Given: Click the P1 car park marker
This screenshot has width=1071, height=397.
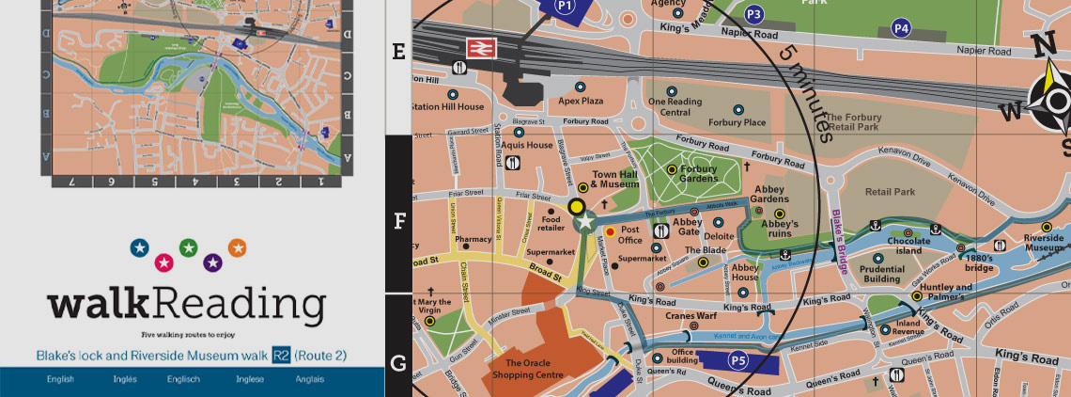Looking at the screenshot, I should (x=565, y=7).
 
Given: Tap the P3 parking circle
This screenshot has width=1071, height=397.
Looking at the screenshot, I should (x=753, y=14).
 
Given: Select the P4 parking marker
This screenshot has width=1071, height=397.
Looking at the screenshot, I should (x=902, y=28).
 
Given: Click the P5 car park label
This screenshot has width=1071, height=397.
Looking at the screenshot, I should (x=738, y=358).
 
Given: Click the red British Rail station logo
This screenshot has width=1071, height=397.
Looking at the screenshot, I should (x=481, y=50).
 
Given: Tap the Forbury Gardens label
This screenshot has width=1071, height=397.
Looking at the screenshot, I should (x=699, y=175).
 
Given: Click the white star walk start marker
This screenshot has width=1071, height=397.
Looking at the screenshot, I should (x=586, y=222).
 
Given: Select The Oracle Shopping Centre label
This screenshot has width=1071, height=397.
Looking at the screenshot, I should (x=535, y=369).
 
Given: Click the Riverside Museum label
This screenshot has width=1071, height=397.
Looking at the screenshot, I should (x=1043, y=244).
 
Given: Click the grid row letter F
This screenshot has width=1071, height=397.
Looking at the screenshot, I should (x=398, y=222).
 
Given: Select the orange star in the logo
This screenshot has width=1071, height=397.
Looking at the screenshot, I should (x=237, y=248).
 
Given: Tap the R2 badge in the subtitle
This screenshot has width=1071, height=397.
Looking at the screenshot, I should (x=281, y=356).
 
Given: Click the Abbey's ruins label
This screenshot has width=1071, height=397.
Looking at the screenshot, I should (x=779, y=230).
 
